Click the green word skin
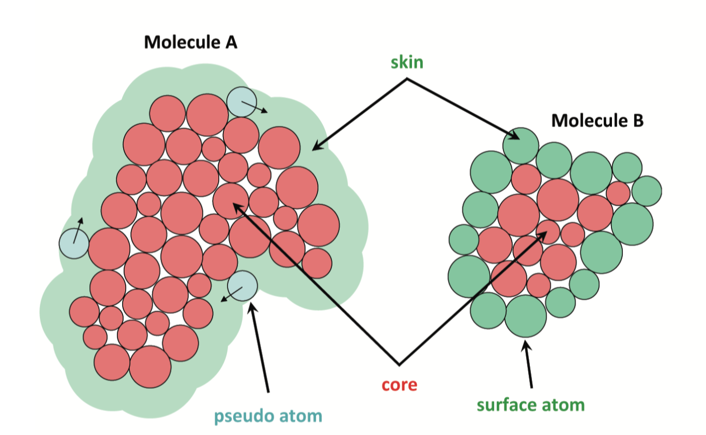[408, 63]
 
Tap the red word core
[399, 385]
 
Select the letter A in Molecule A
[231, 42]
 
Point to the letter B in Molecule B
[637, 121]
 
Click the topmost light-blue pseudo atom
[242, 101]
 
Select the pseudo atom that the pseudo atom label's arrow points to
[242, 286]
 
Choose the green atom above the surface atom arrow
[525, 316]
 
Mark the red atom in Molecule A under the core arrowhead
[231, 201]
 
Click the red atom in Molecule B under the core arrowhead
[548, 231]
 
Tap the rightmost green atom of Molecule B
[647, 191]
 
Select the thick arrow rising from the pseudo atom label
[260, 348]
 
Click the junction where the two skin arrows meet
[407, 79]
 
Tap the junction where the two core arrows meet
[399, 364]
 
